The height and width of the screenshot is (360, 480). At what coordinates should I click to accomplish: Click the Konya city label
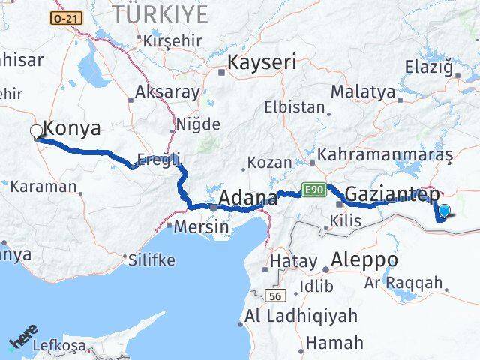(72, 128)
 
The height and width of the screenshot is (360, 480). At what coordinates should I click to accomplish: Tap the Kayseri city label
(262, 61)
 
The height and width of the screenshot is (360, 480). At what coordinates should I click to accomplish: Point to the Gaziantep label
(393, 193)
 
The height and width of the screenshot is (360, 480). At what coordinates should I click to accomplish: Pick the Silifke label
(152, 259)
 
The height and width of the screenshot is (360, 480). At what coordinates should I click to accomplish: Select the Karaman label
(43, 186)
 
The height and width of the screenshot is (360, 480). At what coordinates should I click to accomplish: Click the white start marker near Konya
(37, 133)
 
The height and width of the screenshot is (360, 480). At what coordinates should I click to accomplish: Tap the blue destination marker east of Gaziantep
(445, 211)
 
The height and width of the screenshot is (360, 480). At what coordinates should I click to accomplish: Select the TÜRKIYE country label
(160, 14)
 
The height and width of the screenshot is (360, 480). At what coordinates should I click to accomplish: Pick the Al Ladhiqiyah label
(301, 316)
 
